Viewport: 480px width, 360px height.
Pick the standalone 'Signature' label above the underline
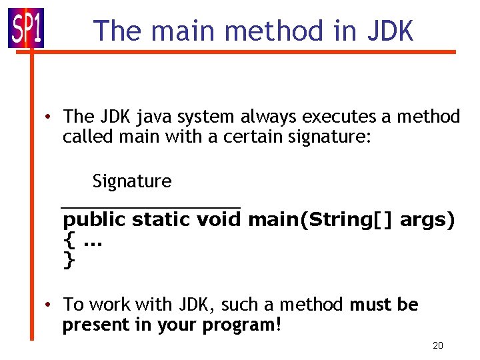pyautogui.click(x=132, y=181)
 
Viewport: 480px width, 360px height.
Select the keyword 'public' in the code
pyautogui.click(x=94, y=220)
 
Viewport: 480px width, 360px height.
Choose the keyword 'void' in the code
pyautogui.click(x=220, y=219)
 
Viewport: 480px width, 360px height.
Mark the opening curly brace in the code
pyautogui.click(x=68, y=239)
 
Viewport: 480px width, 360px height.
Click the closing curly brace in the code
pyautogui.click(x=68, y=259)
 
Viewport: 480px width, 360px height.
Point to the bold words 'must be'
pyautogui.click(x=384, y=305)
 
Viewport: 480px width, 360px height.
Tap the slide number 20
pyautogui.click(x=438, y=345)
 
